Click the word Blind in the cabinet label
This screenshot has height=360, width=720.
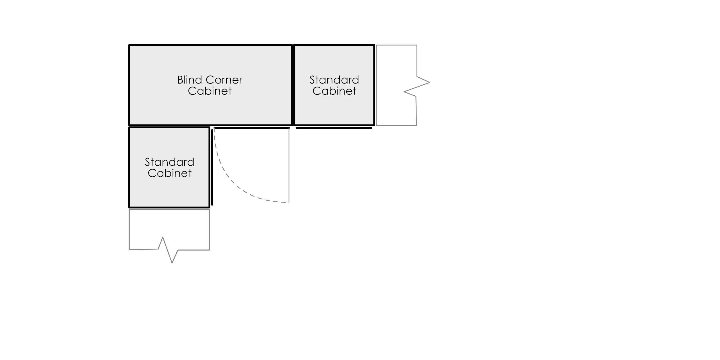190,80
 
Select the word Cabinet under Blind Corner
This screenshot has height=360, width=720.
210,91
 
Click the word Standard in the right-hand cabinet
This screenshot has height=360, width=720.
334,80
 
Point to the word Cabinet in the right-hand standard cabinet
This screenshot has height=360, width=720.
334,91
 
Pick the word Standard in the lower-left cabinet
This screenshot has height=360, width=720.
169,162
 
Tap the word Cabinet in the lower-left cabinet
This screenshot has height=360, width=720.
169,173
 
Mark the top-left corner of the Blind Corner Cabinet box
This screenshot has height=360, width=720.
130,46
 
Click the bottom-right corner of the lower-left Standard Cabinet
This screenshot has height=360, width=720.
208,206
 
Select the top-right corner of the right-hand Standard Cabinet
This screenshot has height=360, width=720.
373,46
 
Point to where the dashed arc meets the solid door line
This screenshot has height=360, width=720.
289,202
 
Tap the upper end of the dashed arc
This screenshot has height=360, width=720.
214,129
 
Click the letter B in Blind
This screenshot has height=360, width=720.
180,80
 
